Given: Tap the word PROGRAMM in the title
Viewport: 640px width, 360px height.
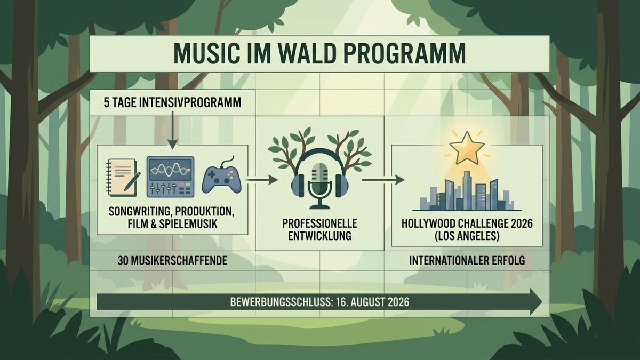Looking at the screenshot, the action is [405, 53].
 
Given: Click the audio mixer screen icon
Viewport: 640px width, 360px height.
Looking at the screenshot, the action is [171, 177].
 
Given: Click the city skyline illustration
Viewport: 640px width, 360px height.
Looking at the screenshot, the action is [467, 191].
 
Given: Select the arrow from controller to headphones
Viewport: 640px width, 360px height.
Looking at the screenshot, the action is [262, 180].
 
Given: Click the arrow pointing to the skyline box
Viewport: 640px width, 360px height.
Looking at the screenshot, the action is [383, 180].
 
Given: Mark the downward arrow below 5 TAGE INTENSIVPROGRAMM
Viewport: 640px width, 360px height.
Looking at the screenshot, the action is [173, 130].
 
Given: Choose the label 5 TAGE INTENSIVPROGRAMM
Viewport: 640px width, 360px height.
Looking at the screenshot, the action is [172, 103].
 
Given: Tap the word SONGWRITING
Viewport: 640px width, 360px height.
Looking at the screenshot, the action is [139, 212].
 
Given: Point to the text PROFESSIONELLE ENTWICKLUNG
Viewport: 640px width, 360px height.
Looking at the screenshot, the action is [319, 230].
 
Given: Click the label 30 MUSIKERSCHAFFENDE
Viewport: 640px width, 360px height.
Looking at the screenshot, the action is [172, 261].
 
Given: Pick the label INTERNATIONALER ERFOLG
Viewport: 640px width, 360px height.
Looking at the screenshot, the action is [467, 261].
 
